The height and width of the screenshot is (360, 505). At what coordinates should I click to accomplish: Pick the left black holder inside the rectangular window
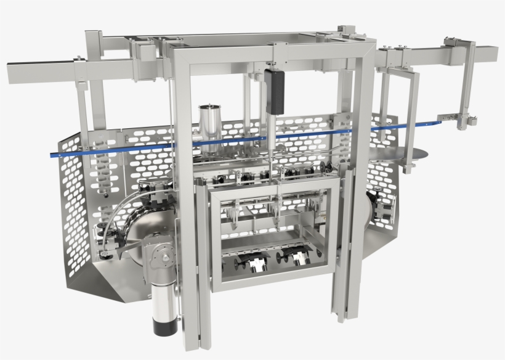(252, 261)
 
